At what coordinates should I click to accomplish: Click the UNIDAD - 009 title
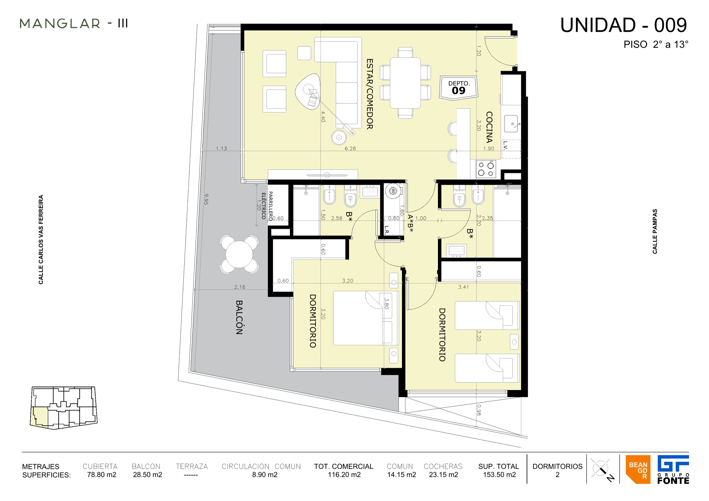pos(623,25)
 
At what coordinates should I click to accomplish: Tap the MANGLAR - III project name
pos(74,23)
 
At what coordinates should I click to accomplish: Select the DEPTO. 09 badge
pos(458,88)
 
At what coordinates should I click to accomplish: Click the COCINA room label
pos(489,127)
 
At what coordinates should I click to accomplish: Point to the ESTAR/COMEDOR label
pos(370,94)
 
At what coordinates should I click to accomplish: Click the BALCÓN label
pos(239,317)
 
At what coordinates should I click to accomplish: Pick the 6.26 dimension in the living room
pos(350,149)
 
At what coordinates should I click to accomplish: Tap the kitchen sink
pos(511,123)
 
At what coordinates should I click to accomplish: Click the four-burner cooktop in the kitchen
pos(486,169)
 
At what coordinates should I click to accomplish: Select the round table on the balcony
pos(239,254)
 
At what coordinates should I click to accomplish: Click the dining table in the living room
pos(405,83)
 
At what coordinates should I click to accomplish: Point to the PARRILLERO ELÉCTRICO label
pos(267,206)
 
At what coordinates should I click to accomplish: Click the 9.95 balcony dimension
pos(206,199)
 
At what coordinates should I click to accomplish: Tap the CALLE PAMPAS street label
pos(655,231)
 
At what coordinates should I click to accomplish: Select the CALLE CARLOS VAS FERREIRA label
pos(41,240)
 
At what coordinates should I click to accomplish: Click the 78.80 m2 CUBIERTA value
pos(102,475)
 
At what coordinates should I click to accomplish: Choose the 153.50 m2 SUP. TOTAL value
pos(499,475)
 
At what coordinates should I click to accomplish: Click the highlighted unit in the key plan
pos(40,417)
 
